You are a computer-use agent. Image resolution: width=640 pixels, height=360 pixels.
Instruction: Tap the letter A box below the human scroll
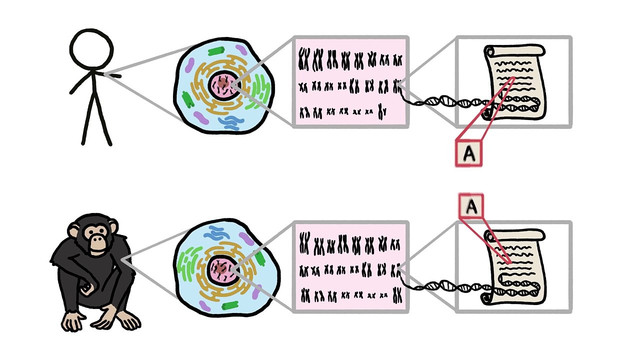coord(469,153)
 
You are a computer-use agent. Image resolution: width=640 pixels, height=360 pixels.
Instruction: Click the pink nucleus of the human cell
coord(224,85)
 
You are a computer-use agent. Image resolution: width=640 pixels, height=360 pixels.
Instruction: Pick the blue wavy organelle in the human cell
coord(231,123)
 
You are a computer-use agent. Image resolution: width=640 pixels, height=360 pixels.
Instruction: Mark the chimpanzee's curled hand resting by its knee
coord(88,288)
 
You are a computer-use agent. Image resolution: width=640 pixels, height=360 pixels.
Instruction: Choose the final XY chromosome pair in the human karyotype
coord(381,111)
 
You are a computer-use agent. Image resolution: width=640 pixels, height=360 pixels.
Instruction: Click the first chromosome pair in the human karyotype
coord(304,59)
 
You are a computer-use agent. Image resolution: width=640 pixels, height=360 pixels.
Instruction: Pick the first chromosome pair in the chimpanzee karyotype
coord(304,243)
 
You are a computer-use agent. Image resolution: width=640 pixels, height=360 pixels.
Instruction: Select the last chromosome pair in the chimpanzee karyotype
coord(397,295)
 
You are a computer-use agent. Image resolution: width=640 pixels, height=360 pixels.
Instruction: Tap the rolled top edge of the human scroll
coord(514,51)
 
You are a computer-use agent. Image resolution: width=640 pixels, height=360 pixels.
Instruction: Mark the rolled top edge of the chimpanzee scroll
coord(514,235)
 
